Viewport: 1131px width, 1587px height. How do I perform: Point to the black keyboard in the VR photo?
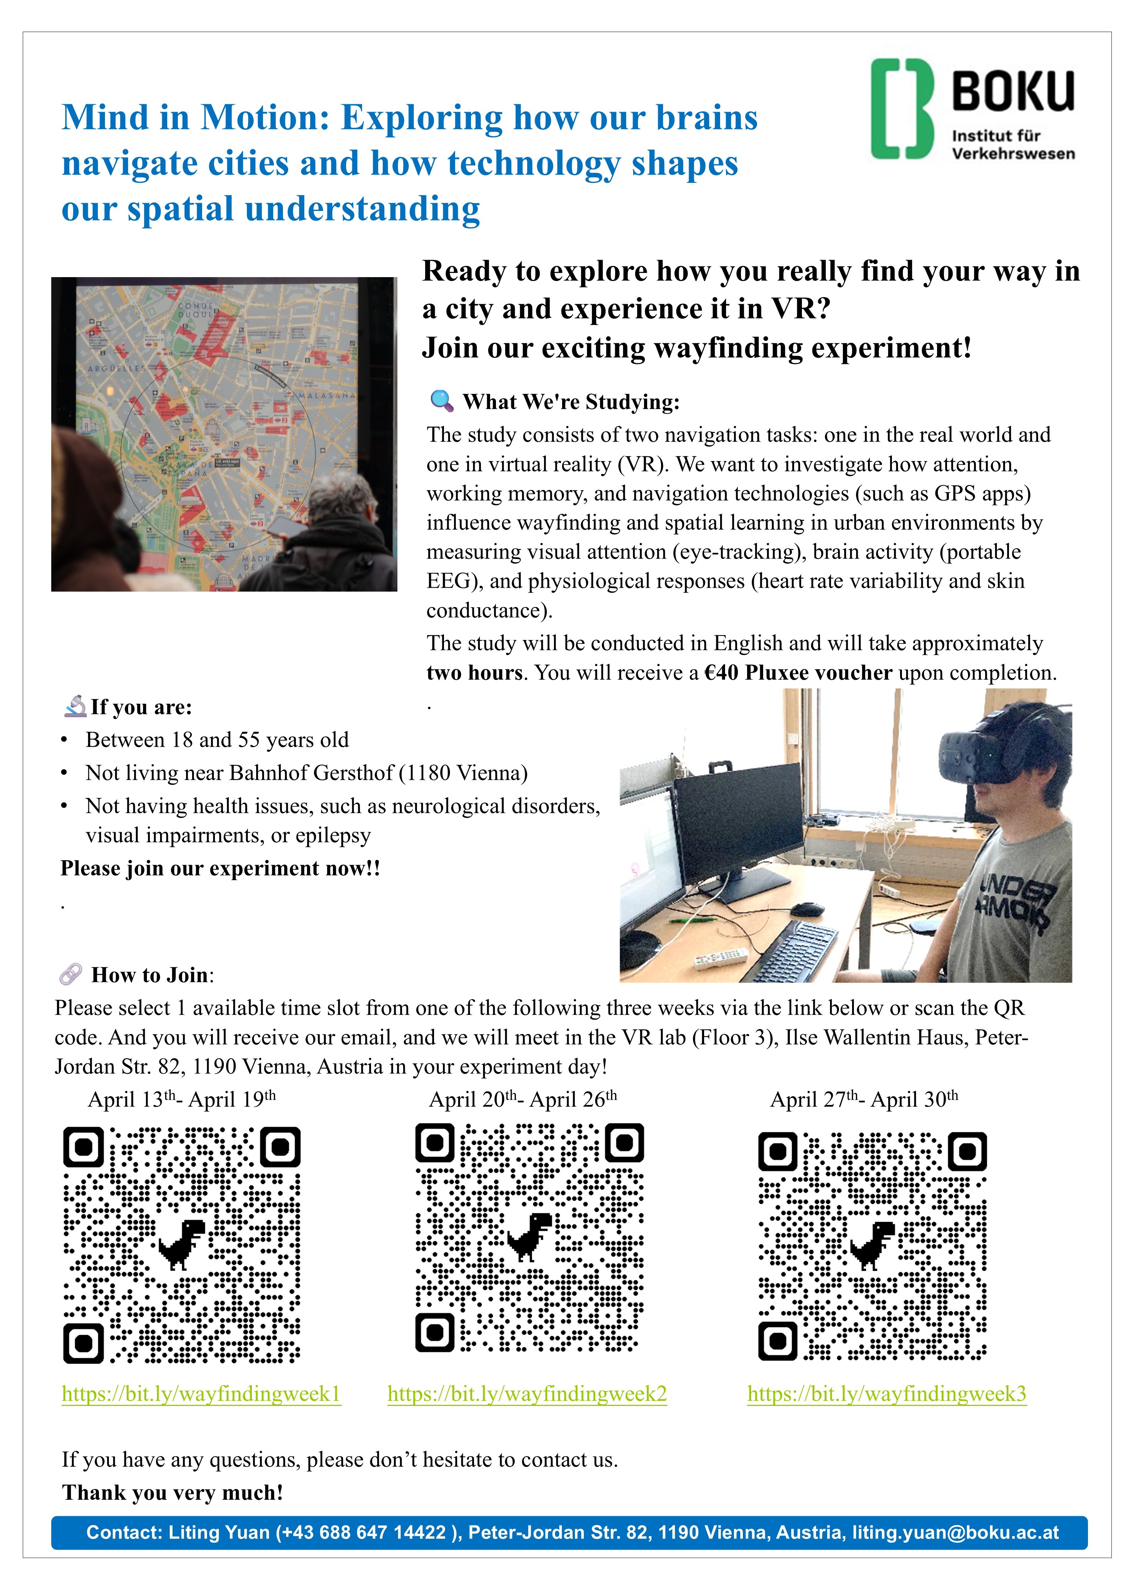coord(797,951)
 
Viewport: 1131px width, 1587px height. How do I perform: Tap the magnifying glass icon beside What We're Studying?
coord(442,401)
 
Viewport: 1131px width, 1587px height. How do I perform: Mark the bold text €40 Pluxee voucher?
coord(798,673)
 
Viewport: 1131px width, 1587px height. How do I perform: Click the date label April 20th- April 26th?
coord(522,1100)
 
